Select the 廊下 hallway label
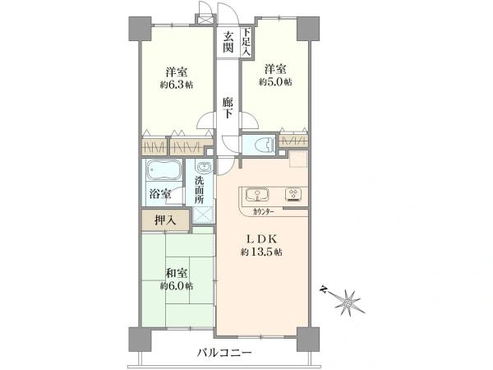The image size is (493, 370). pyautogui.click(x=228, y=108)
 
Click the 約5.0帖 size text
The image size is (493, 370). pyautogui.click(x=275, y=82)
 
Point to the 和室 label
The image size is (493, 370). pyautogui.click(x=177, y=273)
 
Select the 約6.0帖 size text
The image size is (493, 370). pyautogui.click(x=177, y=286)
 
